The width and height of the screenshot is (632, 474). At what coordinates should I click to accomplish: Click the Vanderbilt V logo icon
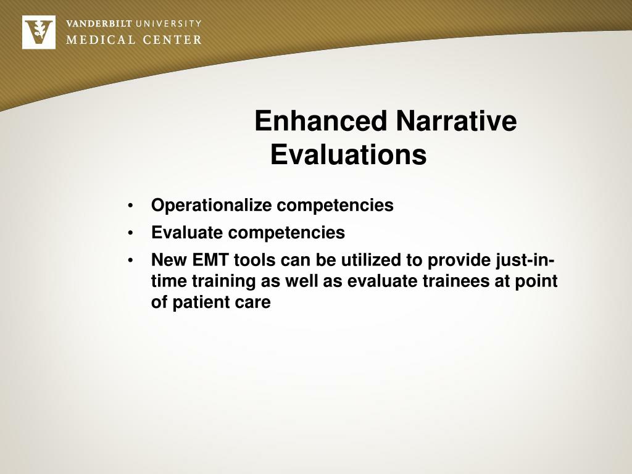tap(38, 32)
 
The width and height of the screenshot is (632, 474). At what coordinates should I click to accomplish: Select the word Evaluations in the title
tap(348, 155)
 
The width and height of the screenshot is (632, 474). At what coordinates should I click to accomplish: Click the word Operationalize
tap(211, 206)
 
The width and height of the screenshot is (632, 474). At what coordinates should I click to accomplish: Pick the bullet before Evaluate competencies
tap(131, 234)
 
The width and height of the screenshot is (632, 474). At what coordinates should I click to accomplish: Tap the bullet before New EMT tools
tap(131, 262)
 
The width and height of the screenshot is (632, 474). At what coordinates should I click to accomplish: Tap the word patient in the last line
tap(203, 303)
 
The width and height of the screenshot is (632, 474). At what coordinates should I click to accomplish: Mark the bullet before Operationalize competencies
tap(131, 206)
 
